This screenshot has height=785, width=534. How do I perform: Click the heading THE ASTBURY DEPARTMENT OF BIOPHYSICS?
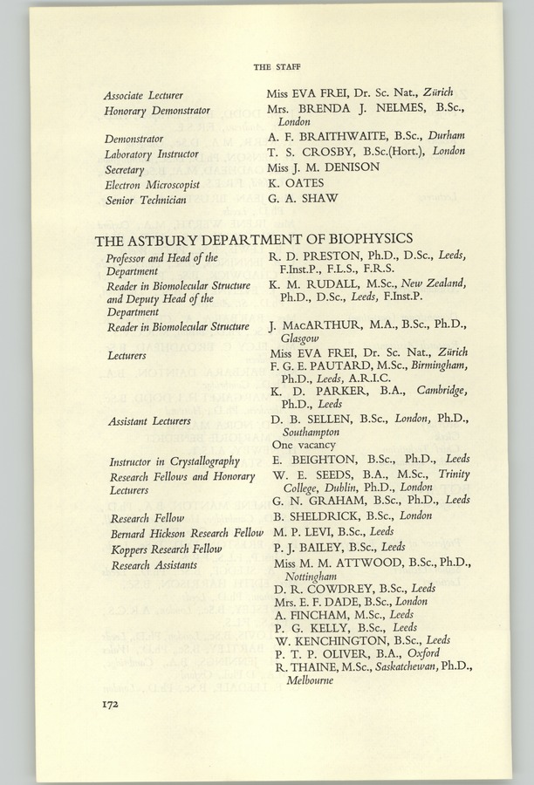pos(253,238)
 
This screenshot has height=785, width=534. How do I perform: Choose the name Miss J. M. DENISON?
pos(323,167)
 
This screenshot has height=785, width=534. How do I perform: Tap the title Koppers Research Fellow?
pos(166,549)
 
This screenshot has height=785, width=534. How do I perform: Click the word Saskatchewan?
pos(387,666)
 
